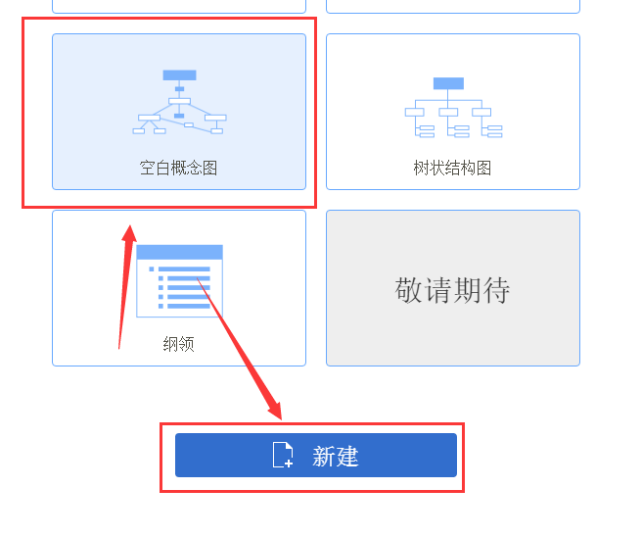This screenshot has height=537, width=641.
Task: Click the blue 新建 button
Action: click(316, 455)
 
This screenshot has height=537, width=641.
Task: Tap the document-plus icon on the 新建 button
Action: click(283, 455)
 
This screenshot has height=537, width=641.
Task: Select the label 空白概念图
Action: click(178, 168)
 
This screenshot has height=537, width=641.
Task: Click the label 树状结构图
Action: click(452, 168)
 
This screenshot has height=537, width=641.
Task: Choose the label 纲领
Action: click(179, 344)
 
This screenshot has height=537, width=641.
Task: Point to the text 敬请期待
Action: click(452, 290)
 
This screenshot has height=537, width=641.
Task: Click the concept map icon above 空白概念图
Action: click(179, 102)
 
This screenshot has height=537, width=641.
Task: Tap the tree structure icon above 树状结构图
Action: click(453, 108)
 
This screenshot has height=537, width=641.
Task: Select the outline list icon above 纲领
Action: click(179, 281)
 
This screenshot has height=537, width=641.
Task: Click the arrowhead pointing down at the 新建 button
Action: click(276, 410)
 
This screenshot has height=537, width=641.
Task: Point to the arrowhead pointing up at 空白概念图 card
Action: click(129, 233)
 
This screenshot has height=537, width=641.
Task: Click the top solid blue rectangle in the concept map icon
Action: click(179, 74)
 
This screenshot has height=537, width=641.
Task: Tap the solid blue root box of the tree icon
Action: click(448, 83)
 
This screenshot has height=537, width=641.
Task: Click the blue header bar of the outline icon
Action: click(179, 252)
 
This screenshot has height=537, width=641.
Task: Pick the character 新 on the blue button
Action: click(324, 456)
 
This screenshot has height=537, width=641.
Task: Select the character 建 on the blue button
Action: click(347, 456)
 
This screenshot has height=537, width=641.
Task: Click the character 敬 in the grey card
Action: click(408, 290)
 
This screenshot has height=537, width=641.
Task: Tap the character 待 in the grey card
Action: click(497, 290)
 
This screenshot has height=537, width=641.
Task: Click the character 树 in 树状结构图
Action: click(421, 168)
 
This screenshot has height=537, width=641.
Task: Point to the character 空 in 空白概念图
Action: click(147, 168)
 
